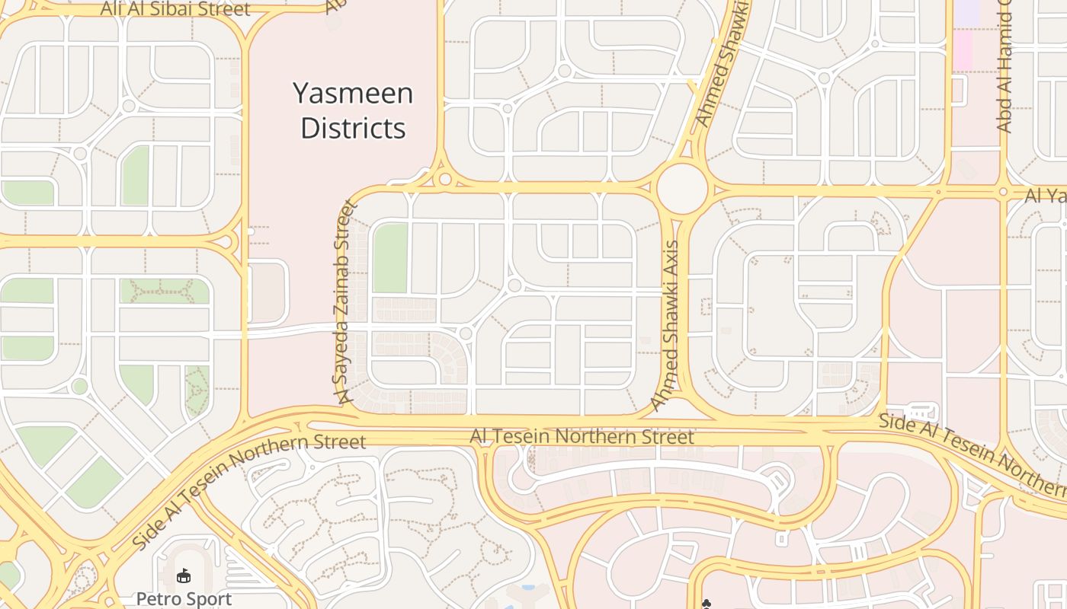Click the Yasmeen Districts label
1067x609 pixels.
pyautogui.click(x=353, y=110)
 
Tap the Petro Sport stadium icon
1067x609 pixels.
pyautogui.click(x=184, y=576)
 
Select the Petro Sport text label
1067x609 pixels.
pyautogui.click(x=184, y=598)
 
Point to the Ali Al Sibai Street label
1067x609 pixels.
pyautogui.click(x=176, y=10)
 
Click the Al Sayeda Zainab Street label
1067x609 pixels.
pyautogui.click(x=341, y=301)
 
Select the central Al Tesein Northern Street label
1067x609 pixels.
pyautogui.click(x=582, y=436)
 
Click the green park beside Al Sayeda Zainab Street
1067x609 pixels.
pyautogui.click(x=389, y=258)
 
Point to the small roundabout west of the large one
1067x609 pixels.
pyautogui.click(x=445, y=180)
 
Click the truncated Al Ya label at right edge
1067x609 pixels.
pyautogui.click(x=1046, y=196)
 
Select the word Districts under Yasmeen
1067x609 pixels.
pyautogui.click(x=353, y=128)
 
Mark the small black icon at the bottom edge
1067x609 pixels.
pyautogui.click(x=706, y=604)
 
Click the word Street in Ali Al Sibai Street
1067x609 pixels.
pyautogui.click(x=222, y=10)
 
